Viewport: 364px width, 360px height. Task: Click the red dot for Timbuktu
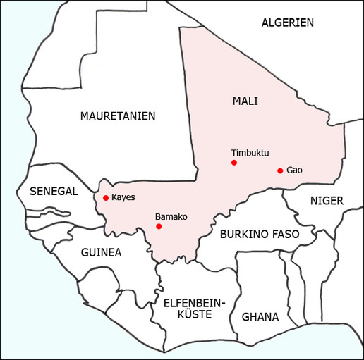tap(233, 163)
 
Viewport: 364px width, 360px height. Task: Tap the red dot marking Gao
tap(280, 170)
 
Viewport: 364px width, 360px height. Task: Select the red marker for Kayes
tap(106, 198)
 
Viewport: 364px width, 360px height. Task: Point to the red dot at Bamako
tap(159, 227)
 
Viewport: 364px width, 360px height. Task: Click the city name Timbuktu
tap(250, 153)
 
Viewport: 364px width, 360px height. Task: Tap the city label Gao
tap(295, 170)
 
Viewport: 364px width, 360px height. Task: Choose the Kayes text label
tap(123, 197)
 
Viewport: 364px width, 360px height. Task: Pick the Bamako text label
tap(171, 216)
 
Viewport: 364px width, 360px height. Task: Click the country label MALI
tap(245, 101)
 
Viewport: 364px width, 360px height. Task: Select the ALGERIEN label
tap(287, 23)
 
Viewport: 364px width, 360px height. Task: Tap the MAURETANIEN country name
tap(118, 116)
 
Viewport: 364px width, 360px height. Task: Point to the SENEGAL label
tap(54, 191)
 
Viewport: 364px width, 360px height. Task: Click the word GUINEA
tap(101, 252)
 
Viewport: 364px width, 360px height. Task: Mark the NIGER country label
tap(327, 201)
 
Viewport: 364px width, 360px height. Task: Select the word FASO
tap(287, 234)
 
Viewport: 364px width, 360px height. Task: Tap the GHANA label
tap(260, 316)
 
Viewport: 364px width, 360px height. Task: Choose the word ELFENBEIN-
tap(193, 303)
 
